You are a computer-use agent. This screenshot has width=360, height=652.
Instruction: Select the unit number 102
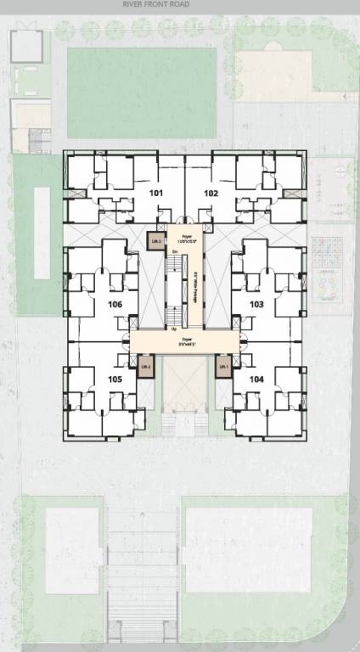(211, 194)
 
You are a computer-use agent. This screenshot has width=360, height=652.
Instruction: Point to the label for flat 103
(256, 303)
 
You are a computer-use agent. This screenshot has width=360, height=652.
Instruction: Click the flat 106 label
(115, 304)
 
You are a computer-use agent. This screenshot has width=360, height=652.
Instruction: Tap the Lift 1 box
(222, 366)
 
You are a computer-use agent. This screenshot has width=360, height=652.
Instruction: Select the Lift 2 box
(145, 366)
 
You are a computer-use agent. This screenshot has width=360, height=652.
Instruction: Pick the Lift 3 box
(155, 241)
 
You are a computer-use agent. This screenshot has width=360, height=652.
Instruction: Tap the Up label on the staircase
(175, 329)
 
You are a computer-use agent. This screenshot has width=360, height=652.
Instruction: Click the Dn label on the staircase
(174, 252)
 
